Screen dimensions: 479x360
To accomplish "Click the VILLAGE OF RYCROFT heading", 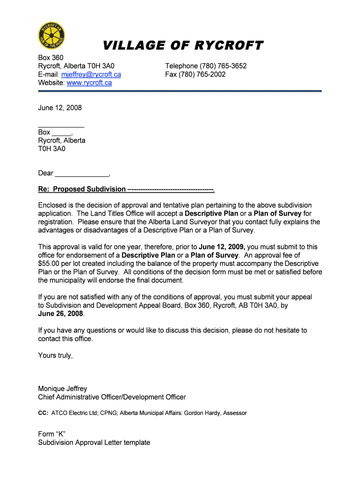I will (x=182, y=45).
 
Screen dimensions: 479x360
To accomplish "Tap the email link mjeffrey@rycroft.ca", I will (x=91, y=74).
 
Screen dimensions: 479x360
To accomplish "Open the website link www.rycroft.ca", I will (x=89, y=83).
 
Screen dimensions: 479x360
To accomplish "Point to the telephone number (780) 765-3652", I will (x=223, y=66).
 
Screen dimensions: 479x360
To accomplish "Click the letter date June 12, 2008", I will (x=60, y=108).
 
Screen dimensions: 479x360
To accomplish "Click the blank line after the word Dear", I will (x=82, y=174).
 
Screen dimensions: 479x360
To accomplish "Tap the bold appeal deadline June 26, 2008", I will (x=60, y=314).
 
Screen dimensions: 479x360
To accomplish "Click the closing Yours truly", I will (x=55, y=356).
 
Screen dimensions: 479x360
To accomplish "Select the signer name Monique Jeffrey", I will (x=63, y=389).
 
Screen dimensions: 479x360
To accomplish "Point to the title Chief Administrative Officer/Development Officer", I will (x=112, y=397).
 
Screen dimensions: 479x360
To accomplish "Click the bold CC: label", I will (x=43, y=413).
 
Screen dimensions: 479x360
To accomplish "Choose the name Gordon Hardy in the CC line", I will (x=204, y=413).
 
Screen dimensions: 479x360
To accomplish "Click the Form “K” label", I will (x=51, y=434).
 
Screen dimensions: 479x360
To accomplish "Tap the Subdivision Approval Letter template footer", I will (x=94, y=443).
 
